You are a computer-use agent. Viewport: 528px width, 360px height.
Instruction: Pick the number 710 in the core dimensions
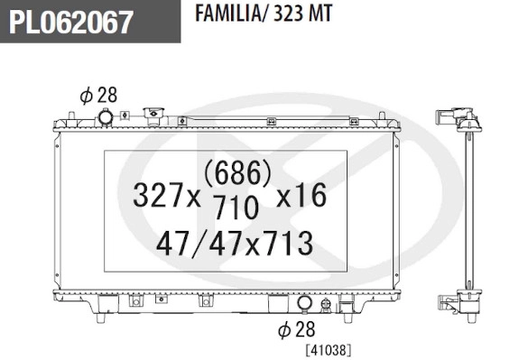(x=236, y=207)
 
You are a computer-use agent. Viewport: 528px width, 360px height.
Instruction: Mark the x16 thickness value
(x=300, y=193)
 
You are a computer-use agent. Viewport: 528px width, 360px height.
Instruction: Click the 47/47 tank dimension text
(x=190, y=243)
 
